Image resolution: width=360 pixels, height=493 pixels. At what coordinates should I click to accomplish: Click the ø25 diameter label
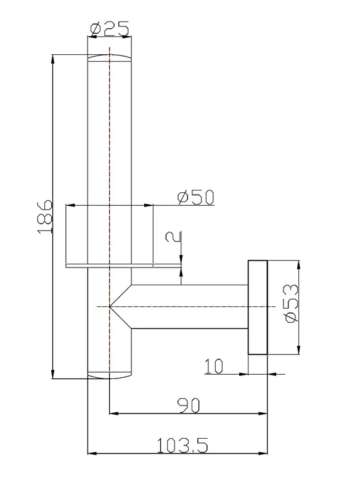pyautogui.click(x=109, y=29)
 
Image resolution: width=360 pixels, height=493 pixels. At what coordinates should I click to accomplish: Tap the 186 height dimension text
pyautogui.click(x=44, y=216)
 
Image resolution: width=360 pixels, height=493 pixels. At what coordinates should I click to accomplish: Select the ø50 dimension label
pyautogui.click(x=195, y=197)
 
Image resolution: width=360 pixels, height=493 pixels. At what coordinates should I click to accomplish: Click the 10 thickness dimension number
pyautogui.click(x=214, y=366)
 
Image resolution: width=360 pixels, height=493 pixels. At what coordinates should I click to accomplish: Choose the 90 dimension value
pyautogui.click(x=189, y=405)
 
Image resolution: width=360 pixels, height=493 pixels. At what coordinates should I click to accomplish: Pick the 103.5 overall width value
pyautogui.click(x=182, y=446)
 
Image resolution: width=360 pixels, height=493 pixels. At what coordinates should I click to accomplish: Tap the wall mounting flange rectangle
pyautogui.click(x=258, y=307)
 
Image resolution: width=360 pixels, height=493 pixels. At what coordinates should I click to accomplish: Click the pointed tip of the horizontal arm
pyautogui.click(x=109, y=306)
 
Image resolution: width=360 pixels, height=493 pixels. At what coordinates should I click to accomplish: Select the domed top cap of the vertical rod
pyautogui.click(x=109, y=58)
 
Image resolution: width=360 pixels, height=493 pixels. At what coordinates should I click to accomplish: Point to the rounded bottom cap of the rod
pyautogui.click(x=109, y=375)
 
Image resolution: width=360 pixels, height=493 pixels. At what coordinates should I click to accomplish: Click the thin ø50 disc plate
pyautogui.click(x=109, y=266)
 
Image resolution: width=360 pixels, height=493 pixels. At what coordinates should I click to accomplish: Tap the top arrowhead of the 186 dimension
pyautogui.click(x=53, y=59)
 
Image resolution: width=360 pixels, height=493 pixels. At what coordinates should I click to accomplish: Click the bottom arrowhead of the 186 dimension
pyautogui.click(x=53, y=375)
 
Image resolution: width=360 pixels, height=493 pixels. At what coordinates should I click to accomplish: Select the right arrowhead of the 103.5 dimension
pyautogui.click(x=263, y=454)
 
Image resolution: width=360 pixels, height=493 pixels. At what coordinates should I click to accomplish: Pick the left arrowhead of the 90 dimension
pyautogui.click(x=113, y=414)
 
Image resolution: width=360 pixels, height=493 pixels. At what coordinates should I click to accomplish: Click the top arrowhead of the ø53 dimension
pyautogui.click(x=298, y=264)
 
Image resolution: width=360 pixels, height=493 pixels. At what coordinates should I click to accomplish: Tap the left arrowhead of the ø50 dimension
pyautogui.click(x=70, y=205)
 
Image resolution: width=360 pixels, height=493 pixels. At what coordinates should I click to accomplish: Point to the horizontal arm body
pyautogui.click(x=189, y=307)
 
